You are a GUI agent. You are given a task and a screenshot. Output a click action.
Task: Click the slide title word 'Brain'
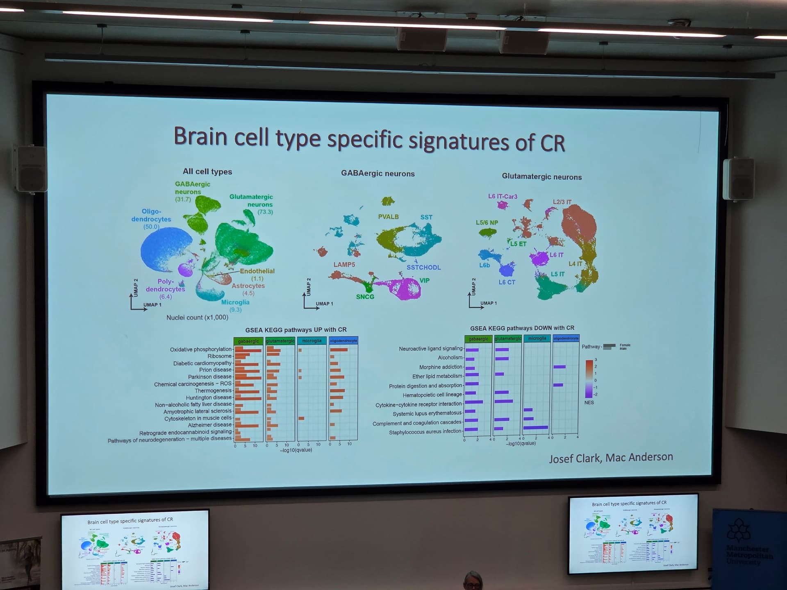(x=200, y=136)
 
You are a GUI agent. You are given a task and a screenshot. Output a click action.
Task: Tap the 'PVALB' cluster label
(x=388, y=217)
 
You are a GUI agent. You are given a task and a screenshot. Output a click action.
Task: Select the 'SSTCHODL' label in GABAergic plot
(x=423, y=268)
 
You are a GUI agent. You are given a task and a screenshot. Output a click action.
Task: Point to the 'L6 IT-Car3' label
(x=503, y=197)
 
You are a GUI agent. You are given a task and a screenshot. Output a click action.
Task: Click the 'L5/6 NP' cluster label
(x=487, y=223)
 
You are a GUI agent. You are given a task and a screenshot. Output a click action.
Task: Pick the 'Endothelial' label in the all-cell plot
(x=257, y=271)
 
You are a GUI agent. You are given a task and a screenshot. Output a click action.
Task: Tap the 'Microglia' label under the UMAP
(x=235, y=302)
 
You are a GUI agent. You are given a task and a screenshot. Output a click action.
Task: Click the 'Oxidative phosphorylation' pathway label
(x=201, y=349)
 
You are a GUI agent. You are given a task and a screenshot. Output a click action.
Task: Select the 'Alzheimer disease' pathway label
(x=209, y=425)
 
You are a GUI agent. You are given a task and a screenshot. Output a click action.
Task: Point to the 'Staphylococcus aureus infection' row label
(x=425, y=431)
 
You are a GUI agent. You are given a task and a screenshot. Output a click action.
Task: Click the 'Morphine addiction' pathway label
(x=441, y=367)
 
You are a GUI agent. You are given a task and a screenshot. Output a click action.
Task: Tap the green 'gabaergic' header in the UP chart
(x=248, y=341)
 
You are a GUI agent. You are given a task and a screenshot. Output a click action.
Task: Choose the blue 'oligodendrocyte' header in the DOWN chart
(x=566, y=338)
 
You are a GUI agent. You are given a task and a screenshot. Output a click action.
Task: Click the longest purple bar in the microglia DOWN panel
(x=536, y=428)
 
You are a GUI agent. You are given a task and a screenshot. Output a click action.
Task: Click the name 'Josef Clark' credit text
(x=574, y=458)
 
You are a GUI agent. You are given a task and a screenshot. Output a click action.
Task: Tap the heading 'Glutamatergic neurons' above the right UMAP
(x=541, y=177)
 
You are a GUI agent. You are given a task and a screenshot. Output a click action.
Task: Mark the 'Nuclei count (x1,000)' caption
(x=197, y=318)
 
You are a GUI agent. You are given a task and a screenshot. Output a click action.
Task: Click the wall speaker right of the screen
(x=738, y=179)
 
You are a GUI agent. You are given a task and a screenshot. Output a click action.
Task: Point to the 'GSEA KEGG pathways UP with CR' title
(x=296, y=330)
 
